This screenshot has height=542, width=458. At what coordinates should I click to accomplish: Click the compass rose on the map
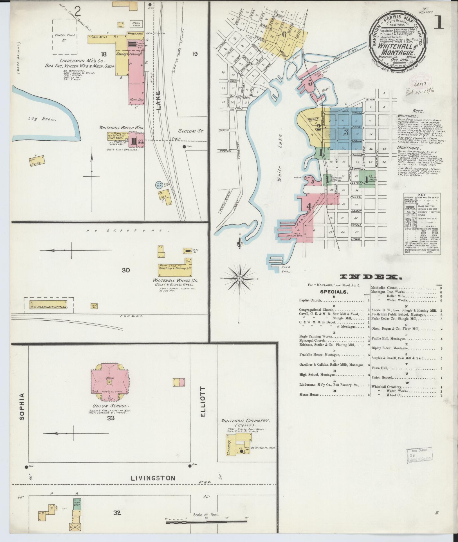point(239,278)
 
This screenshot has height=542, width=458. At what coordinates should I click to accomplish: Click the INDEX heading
point(371,278)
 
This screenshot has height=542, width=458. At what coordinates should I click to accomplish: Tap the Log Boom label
point(42,119)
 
